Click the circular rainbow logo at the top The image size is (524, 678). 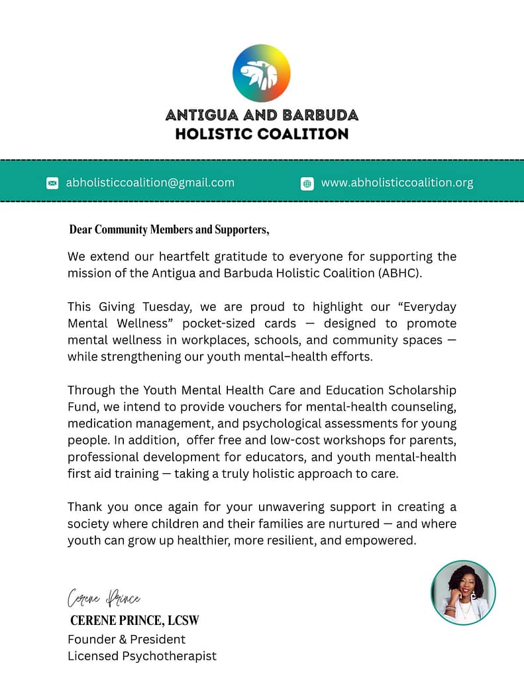(262, 73)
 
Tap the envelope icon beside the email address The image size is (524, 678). (52, 183)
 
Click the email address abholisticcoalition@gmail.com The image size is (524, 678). (150, 182)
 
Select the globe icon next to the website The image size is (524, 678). (307, 184)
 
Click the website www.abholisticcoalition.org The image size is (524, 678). (397, 182)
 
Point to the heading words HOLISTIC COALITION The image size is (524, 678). (262, 134)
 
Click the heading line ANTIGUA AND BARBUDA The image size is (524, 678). (262, 115)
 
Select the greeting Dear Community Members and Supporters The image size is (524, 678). (169, 230)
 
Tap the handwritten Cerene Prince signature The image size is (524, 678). (104, 598)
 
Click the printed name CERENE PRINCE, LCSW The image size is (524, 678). (134, 621)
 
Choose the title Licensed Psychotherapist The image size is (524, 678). (142, 656)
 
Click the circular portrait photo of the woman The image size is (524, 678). (463, 593)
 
